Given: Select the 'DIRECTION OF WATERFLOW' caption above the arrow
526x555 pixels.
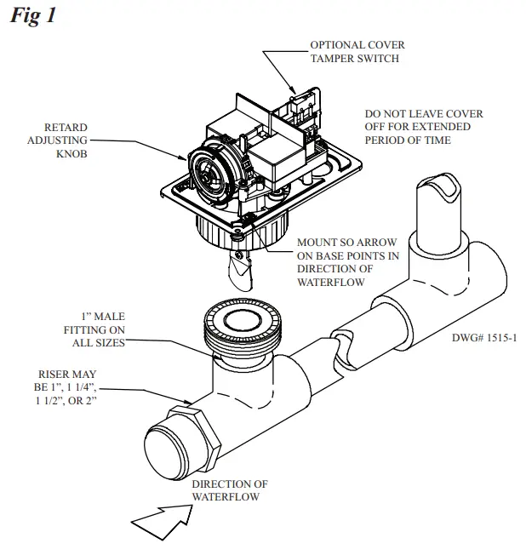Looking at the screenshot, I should (x=225, y=489).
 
